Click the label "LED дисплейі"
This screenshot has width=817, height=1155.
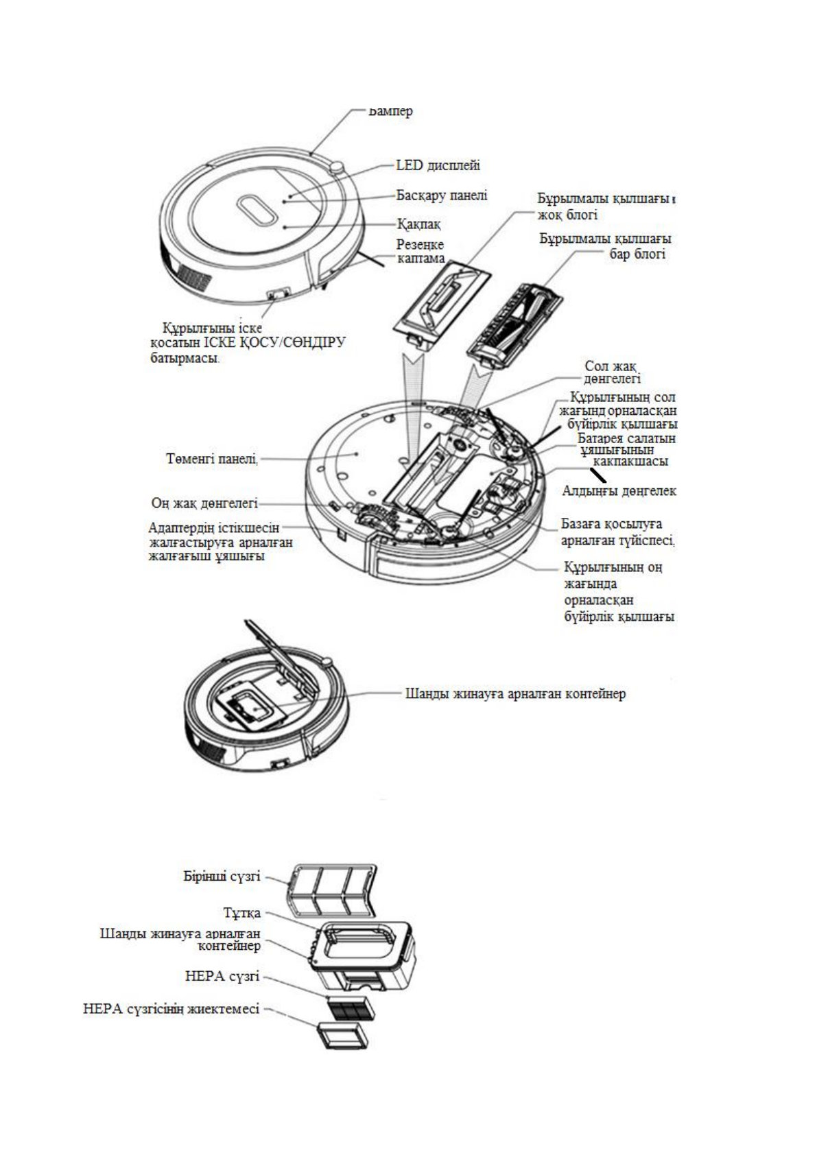click(438, 165)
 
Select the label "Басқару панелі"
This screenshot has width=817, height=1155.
click(442, 195)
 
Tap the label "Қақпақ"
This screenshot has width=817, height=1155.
click(419, 224)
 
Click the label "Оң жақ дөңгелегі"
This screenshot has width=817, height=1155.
click(204, 503)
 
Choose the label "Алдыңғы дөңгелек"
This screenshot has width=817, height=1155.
click(619, 491)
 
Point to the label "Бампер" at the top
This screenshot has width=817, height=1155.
click(391, 110)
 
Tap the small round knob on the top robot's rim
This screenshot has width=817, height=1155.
click(335, 168)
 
